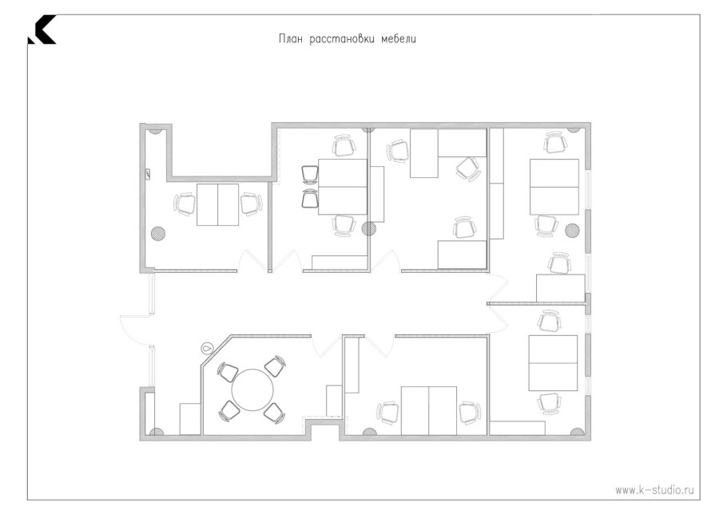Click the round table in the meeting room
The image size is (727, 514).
pos(252,389)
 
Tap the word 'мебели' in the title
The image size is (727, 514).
pos(399,39)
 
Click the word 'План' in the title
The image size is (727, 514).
pos(291,39)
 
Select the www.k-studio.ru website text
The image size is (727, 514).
pos(654,490)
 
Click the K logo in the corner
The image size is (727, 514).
pos(42,30)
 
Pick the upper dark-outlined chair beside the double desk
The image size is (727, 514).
pos(310,175)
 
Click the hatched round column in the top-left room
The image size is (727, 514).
pos(158,232)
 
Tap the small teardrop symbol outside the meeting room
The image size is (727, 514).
pos(207,346)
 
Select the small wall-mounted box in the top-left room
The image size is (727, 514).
pos(148,175)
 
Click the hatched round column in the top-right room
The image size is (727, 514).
pos(572,230)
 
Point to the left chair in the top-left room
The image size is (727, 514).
pos(185,204)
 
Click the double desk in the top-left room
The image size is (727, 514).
pos(217,204)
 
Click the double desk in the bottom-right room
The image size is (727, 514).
pos(553,363)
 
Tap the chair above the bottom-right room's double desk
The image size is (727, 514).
pos(551,320)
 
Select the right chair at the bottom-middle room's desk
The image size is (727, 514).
pos(469,412)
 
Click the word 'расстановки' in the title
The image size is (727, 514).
pos(342,39)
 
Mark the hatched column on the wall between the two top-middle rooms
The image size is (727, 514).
pos(368,228)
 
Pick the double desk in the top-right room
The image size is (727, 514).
pos(554,187)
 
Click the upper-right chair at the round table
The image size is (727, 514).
pos(276,366)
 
